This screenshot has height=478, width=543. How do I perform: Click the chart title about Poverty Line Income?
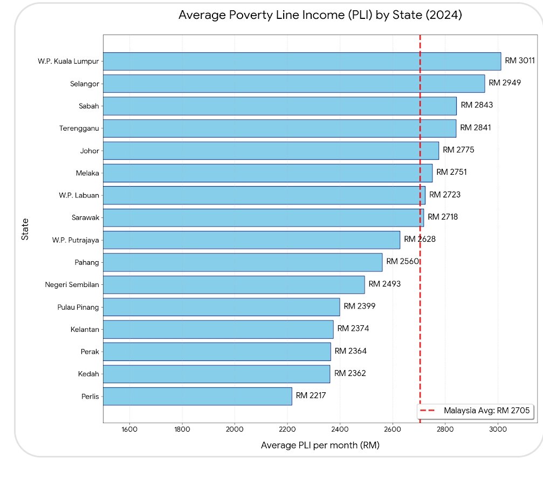coord(320,15)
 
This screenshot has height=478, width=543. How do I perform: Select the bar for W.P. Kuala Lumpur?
coord(302,62)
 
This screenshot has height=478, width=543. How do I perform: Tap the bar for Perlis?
coord(197,396)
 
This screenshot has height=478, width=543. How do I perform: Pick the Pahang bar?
coord(243,262)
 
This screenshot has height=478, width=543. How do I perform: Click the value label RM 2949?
coord(505,83)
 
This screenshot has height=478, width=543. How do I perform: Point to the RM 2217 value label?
coord(311,395)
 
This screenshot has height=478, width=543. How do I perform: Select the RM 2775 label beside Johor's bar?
coord(458,150)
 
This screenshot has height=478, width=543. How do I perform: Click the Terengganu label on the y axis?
coord(79,128)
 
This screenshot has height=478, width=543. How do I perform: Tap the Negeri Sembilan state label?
coord(72,285)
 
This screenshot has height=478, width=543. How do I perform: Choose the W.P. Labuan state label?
coord(79,195)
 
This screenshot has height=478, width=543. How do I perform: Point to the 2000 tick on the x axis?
coord(235,429)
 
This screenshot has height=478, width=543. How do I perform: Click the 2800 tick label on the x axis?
coord(445,429)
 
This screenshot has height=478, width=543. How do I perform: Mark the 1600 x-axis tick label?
coord(129,429)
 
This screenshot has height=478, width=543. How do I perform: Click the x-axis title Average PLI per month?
coord(320,445)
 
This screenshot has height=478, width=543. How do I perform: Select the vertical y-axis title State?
coord(25,229)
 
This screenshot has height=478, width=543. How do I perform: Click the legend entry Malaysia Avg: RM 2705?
coord(475,411)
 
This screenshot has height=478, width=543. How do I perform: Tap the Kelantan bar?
coord(218,330)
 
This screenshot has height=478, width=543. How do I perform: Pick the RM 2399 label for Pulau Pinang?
coord(360,306)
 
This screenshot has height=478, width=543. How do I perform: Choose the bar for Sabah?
coord(280,106)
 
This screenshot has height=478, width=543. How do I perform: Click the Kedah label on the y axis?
coord(88,374)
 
